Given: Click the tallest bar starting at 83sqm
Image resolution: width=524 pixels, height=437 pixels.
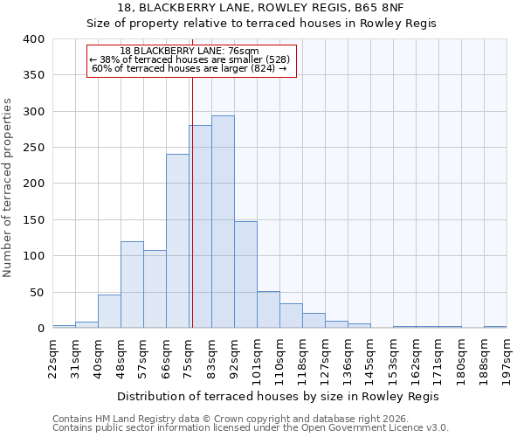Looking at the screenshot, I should pos(223,222).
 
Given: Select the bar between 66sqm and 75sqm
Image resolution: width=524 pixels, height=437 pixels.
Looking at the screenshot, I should pos(177,241).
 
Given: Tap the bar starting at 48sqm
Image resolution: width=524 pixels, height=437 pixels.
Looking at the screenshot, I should pos(132,285).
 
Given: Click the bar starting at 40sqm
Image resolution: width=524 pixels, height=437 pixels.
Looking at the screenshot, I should pos(109,311).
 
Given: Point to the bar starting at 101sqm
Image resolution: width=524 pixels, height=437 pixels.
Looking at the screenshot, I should pos(268,309).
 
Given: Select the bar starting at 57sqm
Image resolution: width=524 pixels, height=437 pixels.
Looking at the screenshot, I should pos(155,289).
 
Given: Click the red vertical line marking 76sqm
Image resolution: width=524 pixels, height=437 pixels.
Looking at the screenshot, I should pos(191,201).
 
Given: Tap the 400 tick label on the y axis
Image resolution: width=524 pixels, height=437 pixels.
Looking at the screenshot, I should pos(33,39).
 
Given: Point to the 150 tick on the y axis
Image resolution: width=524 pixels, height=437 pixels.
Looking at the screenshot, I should pos(33,219).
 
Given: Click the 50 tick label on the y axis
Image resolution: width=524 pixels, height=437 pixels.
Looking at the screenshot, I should pos(37,292).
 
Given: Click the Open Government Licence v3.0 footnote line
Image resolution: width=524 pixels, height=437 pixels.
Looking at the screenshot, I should pos(251,428).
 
